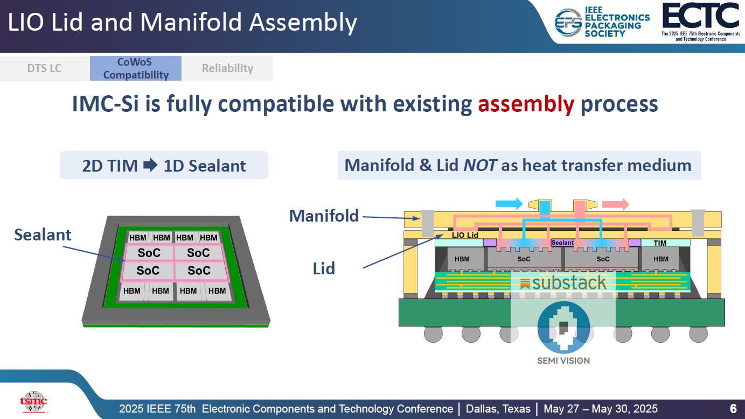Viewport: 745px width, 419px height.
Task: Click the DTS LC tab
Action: [44, 68]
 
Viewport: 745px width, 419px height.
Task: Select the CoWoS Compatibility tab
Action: [136, 68]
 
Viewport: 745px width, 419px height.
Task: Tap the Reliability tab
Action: [227, 68]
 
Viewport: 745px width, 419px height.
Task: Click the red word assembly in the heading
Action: [526, 104]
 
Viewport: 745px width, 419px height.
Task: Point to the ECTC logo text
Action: [700, 16]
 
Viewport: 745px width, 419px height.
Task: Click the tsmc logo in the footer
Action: [33, 401]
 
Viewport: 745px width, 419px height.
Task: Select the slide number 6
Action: [733, 409]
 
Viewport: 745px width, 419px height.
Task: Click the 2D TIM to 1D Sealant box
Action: [164, 165]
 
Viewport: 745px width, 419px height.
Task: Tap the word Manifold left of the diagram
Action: [324, 216]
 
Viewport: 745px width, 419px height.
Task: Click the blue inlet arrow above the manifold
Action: [509, 204]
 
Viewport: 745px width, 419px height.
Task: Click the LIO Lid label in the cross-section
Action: [465, 235]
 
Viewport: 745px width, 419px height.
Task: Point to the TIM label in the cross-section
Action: [660, 243]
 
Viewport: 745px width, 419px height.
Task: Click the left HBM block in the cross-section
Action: [462, 259]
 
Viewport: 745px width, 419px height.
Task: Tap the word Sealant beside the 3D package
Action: [43, 235]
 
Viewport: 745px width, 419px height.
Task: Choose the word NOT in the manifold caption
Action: [481, 165]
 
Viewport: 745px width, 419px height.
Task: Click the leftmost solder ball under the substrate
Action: [433, 333]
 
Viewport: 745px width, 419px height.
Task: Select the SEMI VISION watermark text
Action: [563, 360]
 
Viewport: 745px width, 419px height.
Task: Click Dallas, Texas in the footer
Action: [498, 409]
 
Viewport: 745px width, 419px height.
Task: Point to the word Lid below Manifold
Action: [324, 268]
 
